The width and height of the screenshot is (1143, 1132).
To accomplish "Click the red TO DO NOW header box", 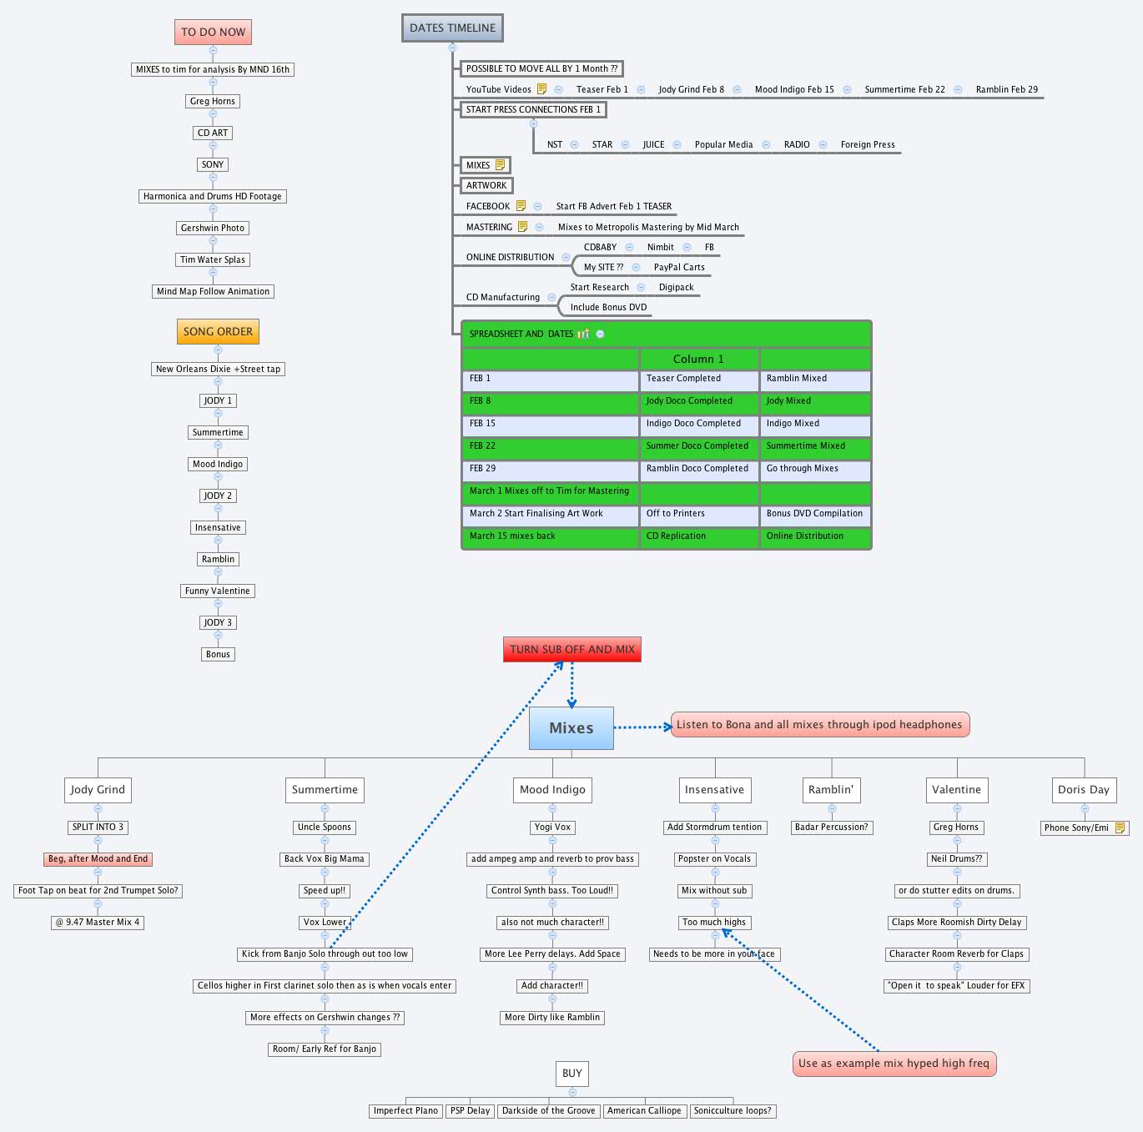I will point(213,32).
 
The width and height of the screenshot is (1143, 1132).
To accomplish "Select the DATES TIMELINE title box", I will point(452,28).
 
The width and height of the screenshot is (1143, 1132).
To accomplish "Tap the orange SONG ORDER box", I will point(218,331).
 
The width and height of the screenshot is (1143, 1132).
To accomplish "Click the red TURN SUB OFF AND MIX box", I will point(571,649).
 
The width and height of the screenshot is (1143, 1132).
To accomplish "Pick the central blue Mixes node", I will point(571,727).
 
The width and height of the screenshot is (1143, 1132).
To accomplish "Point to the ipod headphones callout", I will point(819,724).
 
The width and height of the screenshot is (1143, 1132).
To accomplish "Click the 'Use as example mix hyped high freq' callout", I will point(894,1063).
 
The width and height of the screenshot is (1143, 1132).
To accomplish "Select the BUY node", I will point(571,1074).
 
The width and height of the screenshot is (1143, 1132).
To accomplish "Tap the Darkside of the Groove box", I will point(548,1110).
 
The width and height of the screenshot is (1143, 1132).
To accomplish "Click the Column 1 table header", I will point(698,359).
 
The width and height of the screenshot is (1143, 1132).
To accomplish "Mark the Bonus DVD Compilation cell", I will point(814,513).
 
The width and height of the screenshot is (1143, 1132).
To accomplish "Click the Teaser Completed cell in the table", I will point(683,378).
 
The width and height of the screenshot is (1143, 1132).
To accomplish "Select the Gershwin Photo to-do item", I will point(213,228).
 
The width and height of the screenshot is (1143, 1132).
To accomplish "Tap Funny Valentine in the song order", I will point(217,591).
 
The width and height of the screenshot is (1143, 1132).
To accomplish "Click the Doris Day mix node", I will point(1083,789).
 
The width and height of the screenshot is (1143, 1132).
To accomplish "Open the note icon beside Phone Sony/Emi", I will point(1120,828).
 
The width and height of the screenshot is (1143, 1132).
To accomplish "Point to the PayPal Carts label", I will point(679,267).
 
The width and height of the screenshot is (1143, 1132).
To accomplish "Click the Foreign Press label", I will point(868,144).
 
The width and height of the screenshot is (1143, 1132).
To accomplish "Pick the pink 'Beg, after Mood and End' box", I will point(98,858).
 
